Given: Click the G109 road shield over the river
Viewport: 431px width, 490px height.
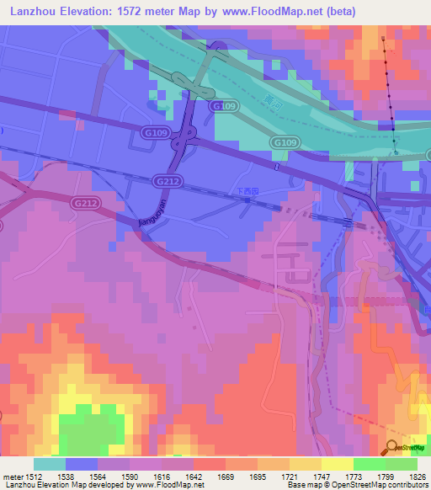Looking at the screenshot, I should point(223,106).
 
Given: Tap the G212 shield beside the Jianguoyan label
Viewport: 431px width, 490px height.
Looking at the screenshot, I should point(164,180).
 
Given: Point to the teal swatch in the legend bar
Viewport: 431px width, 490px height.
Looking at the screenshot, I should point(50,464).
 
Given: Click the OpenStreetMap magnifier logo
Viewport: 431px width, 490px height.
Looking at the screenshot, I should point(392,447).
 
